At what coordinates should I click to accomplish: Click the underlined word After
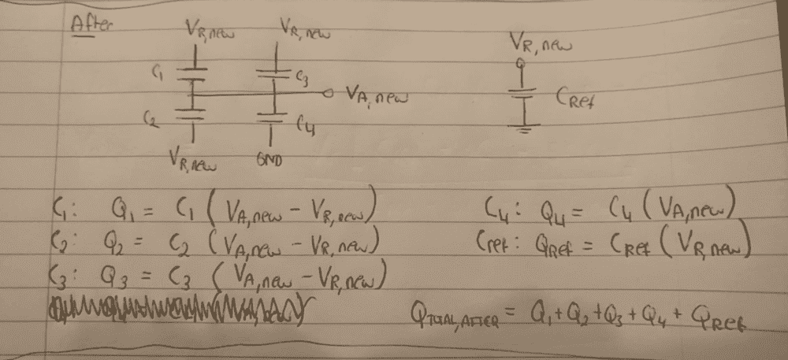coord(93,24)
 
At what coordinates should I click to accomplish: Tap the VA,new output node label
coord(376,97)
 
